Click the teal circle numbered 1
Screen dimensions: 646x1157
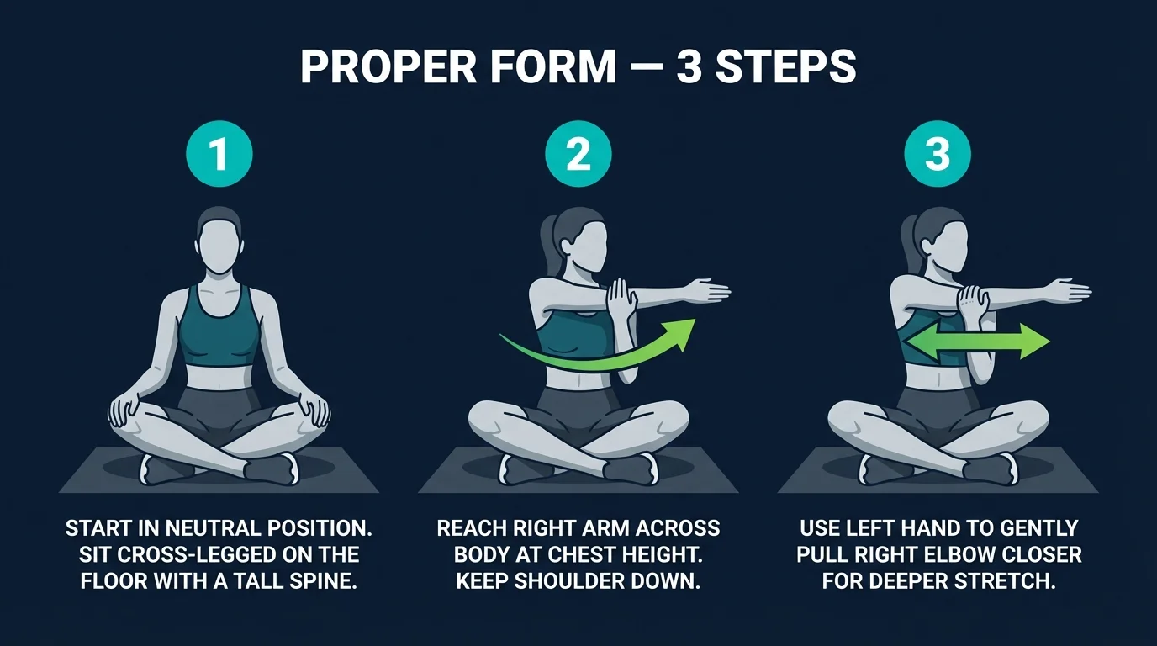(x=219, y=156)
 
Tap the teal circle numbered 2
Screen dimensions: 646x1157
(x=578, y=156)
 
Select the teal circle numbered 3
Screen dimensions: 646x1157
(x=938, y=156)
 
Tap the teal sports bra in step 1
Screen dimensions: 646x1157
(x=219, y=332)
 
